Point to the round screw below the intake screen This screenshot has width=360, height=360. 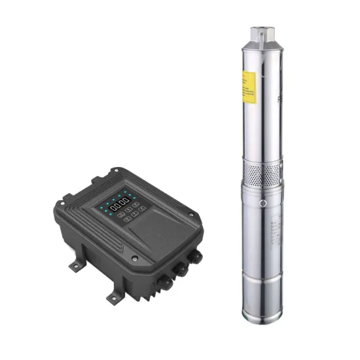pyautogui.click(x=262, y=203)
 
